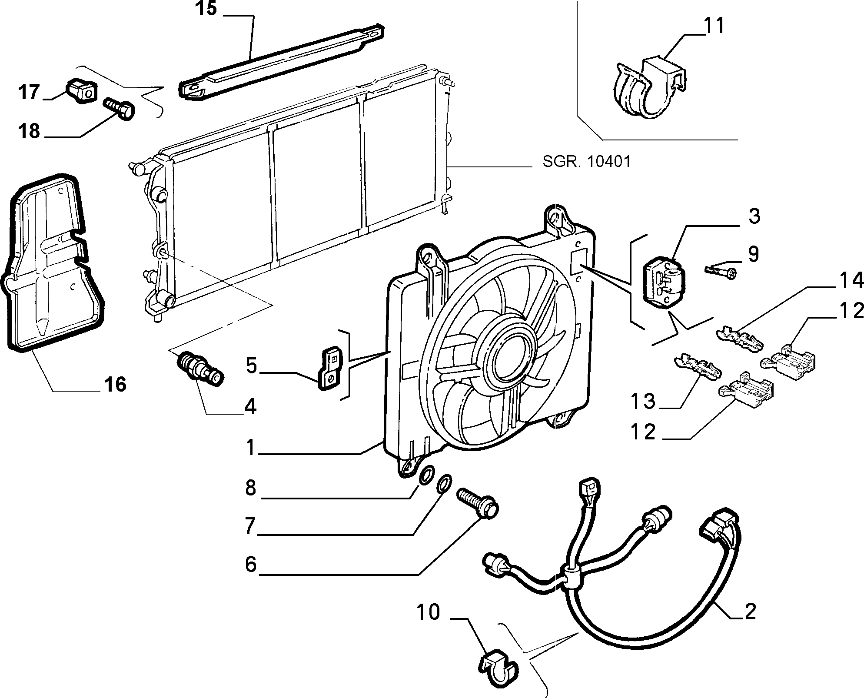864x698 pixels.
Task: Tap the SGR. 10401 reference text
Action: tap(586, 162)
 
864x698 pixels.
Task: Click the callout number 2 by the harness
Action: tap(750, 611)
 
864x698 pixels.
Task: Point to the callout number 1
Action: tap(250, 448)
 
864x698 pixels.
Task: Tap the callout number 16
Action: tap(115, 384)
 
